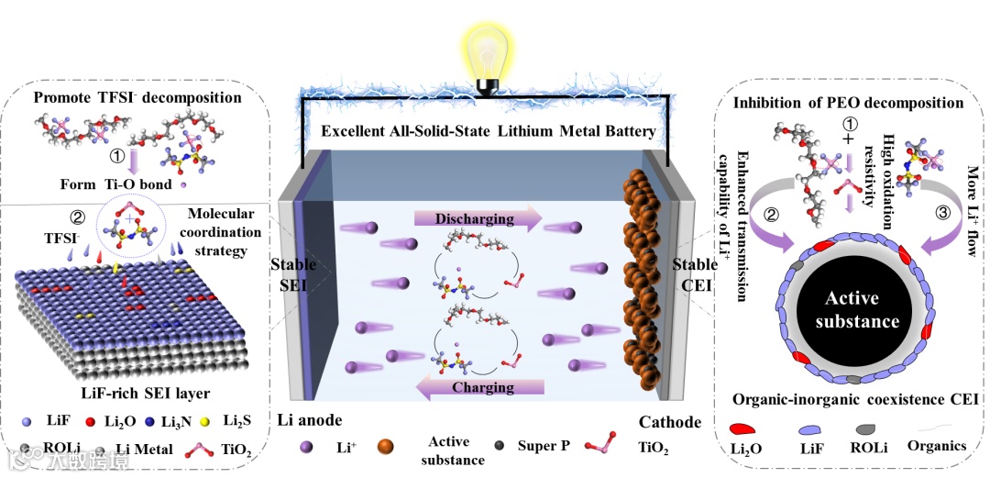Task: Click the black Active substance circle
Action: click(x=852, y=310)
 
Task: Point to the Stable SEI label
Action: click(x=293, y=274)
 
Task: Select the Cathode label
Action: click(x=669, y=422)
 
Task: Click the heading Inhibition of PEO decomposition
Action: click(x=848, y=103)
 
